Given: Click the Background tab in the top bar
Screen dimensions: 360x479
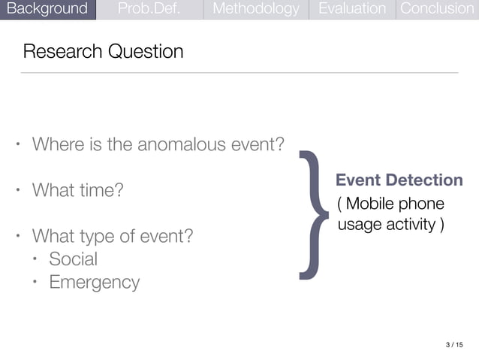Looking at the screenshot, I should pyautogui.click(x=47, y=9).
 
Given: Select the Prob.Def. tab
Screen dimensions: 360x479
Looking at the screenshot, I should pyautogui.click(x=149, y=9).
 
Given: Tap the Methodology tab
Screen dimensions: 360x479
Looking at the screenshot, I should pyautogui.click(x=255, y=9).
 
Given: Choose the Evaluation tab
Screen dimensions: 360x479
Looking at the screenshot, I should pyautogui.click(x=351, y=9).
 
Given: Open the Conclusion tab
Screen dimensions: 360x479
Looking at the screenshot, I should pyautogui.click(x=437, y=9).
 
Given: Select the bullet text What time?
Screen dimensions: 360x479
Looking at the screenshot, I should pyautogui.click(x=77, y=190).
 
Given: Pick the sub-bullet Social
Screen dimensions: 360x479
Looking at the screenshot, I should pyautogui.click(x=73, y=259).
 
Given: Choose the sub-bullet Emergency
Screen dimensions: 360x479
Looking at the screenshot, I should pyautogui.click(x=94, y=283).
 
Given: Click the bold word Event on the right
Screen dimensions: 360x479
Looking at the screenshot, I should pyautogui.click(x=357, y=180).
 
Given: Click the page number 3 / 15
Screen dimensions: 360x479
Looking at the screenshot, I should pyautogui.click(x=454, y=345).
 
